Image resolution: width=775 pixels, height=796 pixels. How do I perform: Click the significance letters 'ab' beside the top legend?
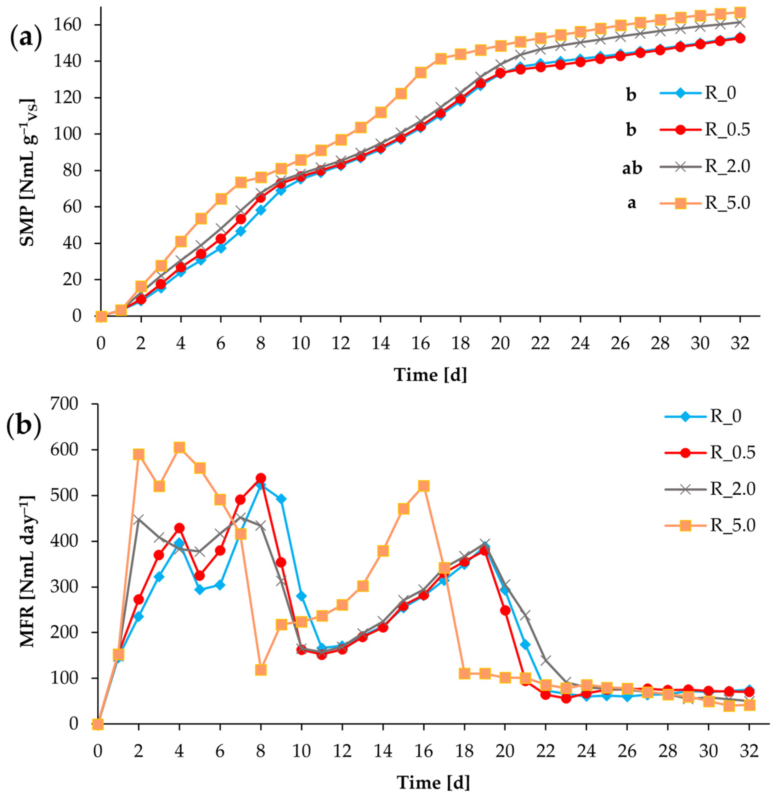[631, 168]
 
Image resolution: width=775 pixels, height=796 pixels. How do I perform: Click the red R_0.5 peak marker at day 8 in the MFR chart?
[261, 478]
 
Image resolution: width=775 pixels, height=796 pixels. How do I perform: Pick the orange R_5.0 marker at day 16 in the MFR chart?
[424, 486]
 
